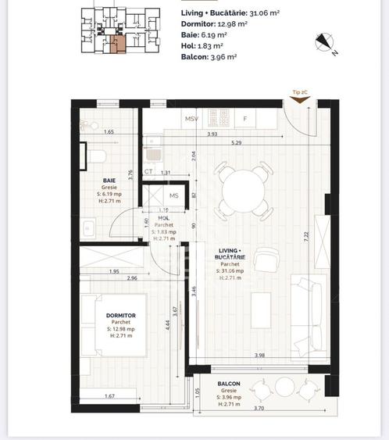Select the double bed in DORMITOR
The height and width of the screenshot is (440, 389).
117,324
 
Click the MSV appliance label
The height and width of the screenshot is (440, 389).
191,119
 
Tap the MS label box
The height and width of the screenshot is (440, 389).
173,195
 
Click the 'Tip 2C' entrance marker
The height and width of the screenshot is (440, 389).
299,92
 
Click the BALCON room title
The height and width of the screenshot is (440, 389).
229,384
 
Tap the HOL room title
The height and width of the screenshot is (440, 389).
162,220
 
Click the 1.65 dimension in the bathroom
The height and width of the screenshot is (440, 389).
110,133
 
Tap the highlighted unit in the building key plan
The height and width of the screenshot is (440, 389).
117,44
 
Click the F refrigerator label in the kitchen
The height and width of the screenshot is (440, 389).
244,119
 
